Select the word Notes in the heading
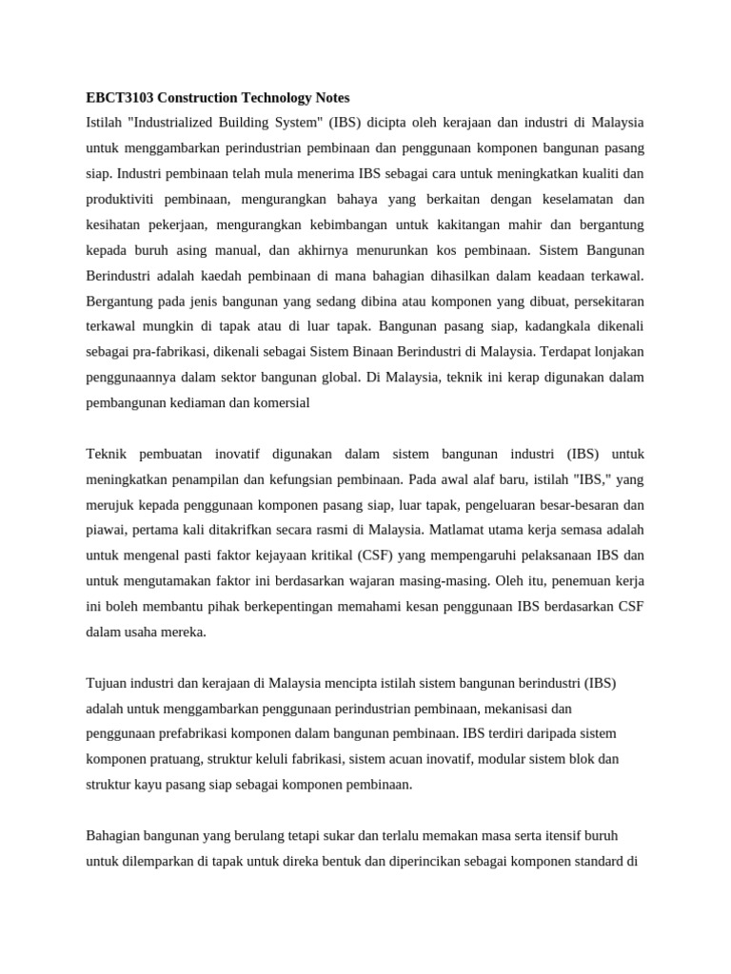(328, 97)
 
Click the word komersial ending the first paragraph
(280, 402)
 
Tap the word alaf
(504, 478)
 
